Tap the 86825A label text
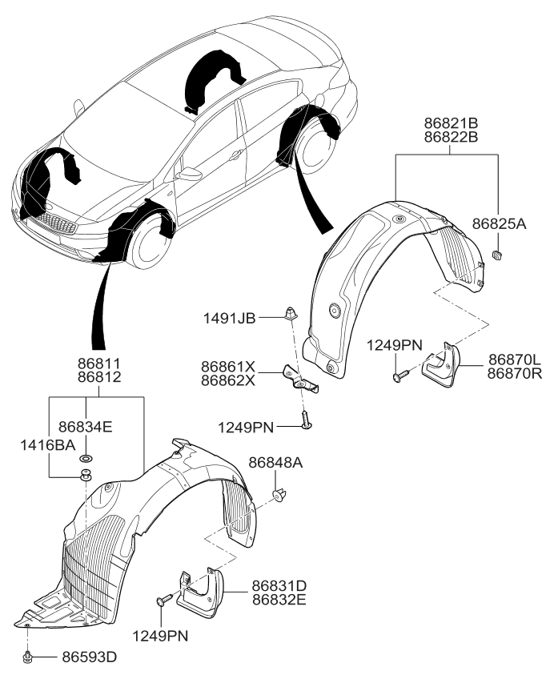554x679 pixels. coord(498,225)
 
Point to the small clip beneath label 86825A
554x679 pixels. coord(496,255)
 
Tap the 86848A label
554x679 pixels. coord(275,463)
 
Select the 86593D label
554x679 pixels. coord(89,657)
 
